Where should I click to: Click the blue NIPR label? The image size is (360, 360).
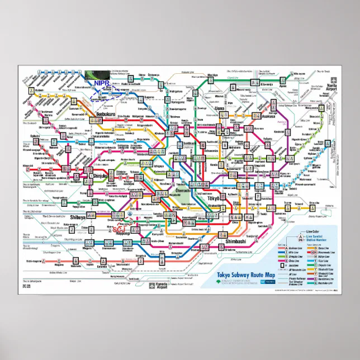pos(102,83)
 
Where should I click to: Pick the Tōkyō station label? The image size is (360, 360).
pos(214,198)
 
